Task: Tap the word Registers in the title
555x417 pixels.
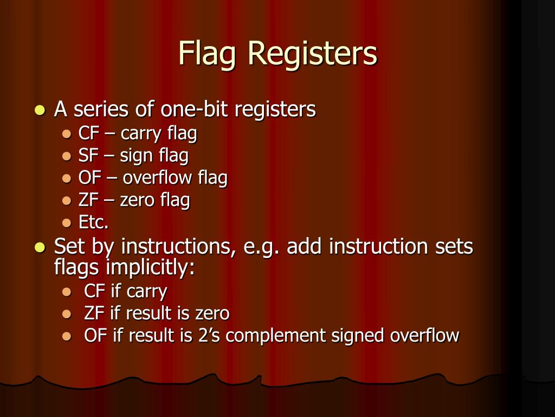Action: tap(312, 54)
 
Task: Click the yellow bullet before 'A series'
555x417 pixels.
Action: tap(39, 110)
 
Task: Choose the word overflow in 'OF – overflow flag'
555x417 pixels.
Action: tap(158, 178)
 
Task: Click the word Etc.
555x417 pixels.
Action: tap(93, 223)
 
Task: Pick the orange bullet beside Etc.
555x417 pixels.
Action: tap(67, 223)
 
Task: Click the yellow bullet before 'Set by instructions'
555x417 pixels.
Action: tap(39, 247)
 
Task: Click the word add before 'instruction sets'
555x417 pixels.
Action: tap(305, 247)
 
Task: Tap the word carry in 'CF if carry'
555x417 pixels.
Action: tap(146, 292)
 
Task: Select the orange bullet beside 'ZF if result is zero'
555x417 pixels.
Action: tap(67, 313)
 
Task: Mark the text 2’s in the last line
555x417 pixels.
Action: tap(209, 336)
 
